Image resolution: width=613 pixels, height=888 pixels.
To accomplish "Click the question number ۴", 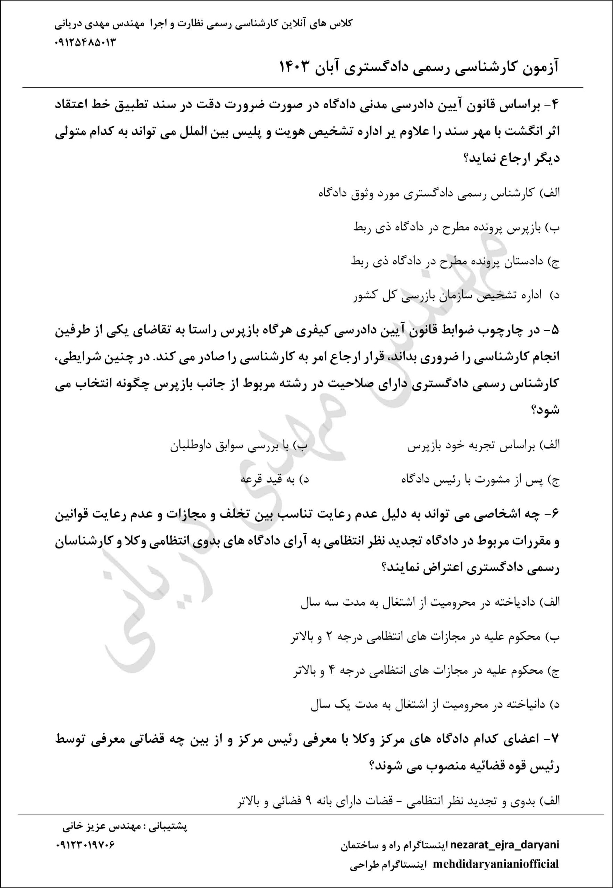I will pyautogui.click(x=555, y=107).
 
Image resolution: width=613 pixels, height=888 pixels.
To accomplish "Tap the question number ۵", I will pyautogui.click(x=555, y=331).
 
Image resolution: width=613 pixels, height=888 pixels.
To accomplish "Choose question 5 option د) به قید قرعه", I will pyautogui.click(x=274, y=480).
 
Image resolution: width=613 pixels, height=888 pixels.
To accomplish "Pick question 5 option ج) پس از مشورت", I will pyautogui.click(x=480, y=480).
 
